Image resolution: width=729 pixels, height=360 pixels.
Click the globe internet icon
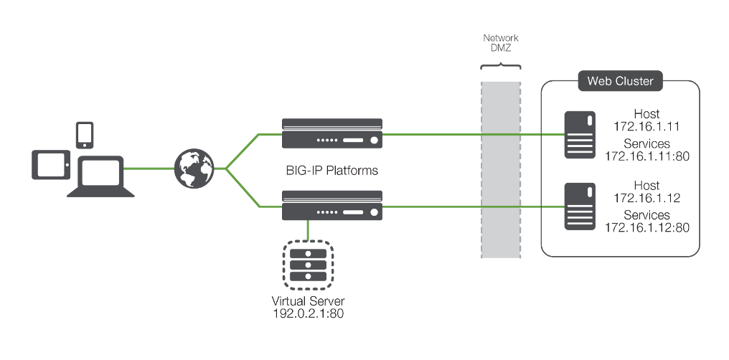point(194,169)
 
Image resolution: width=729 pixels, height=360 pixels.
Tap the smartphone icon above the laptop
point(85,133)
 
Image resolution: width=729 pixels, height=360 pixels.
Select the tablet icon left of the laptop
point(51,165)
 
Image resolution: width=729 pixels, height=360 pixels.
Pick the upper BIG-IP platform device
point(332,133)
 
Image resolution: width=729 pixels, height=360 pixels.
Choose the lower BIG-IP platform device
point(332,206)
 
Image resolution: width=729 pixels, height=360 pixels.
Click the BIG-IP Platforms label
point(331,171)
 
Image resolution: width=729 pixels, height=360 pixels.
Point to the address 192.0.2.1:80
point(309,313)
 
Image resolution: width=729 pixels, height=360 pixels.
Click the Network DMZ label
point(501,43)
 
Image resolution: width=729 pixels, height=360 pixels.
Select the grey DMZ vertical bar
point(501,169)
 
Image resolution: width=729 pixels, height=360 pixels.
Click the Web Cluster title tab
point(620,81)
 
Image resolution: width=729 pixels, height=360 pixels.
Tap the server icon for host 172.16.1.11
point(578,134)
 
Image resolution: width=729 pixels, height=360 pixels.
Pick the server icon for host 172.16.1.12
point(578,206)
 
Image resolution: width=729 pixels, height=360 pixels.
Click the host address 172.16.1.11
point(646,126)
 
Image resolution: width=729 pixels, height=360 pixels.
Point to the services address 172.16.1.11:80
point(646,156)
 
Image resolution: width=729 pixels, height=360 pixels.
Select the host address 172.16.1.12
point(646,198)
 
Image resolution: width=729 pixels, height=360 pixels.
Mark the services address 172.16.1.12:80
point(646,227)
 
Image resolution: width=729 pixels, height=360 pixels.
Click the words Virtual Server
point(309,300)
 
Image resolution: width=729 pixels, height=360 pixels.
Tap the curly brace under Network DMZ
point(501,66)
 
